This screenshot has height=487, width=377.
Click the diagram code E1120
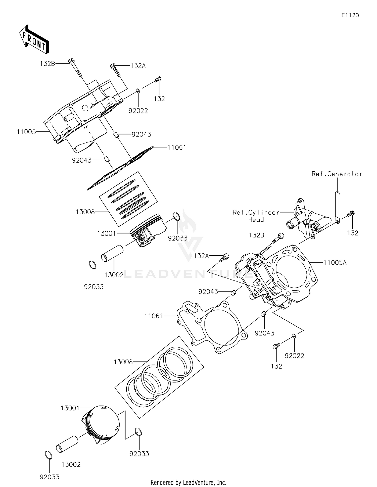click(350, 15)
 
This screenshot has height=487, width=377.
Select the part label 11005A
click(335, 263)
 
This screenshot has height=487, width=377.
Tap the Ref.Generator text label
click(337, 174)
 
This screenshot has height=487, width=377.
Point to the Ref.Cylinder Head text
click(256, 216)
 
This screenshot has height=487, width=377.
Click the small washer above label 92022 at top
click(138, 90)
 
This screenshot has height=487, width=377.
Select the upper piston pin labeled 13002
click(112, 254)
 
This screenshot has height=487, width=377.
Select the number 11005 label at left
click(26, 132)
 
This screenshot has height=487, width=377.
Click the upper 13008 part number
click(85, 212)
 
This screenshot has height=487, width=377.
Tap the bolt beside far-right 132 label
click(351, 214)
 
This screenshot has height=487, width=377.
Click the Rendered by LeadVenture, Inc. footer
click(188, 482)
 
